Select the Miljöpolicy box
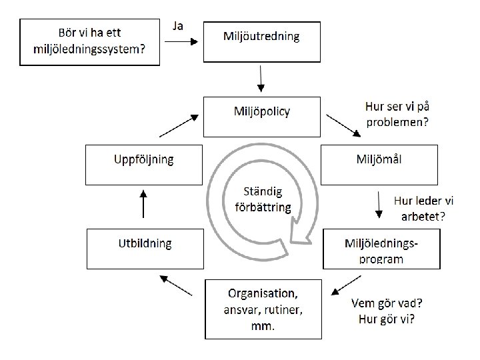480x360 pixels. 262,116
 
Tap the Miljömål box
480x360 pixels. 379,164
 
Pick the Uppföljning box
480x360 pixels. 144,165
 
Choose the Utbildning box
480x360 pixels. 145,249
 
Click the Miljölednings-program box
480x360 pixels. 381,249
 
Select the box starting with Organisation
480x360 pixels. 263,307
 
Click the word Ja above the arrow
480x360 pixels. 178,26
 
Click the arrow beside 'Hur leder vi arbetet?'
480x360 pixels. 379,205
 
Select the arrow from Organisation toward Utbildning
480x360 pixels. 177,285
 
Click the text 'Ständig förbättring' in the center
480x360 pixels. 263,199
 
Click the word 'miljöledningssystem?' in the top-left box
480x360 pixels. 89,50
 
